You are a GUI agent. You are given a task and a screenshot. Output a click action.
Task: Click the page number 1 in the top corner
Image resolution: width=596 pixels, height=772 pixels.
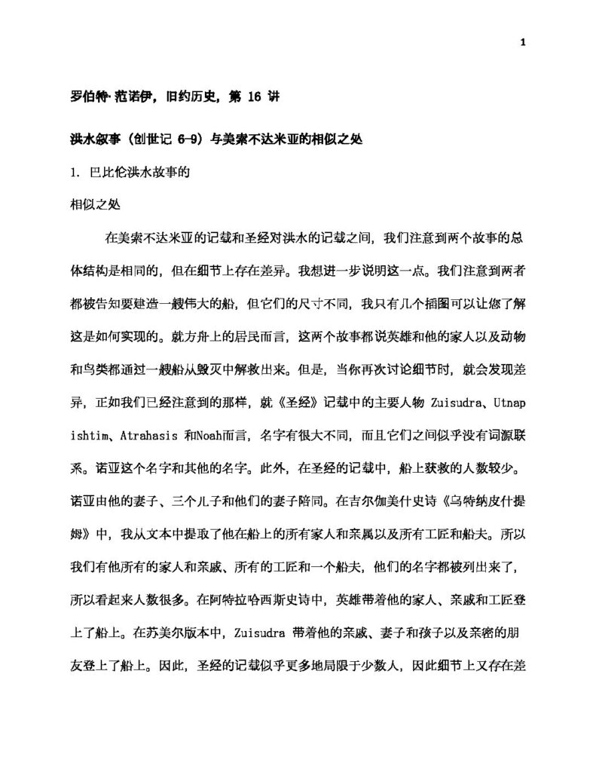pos(521,42)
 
